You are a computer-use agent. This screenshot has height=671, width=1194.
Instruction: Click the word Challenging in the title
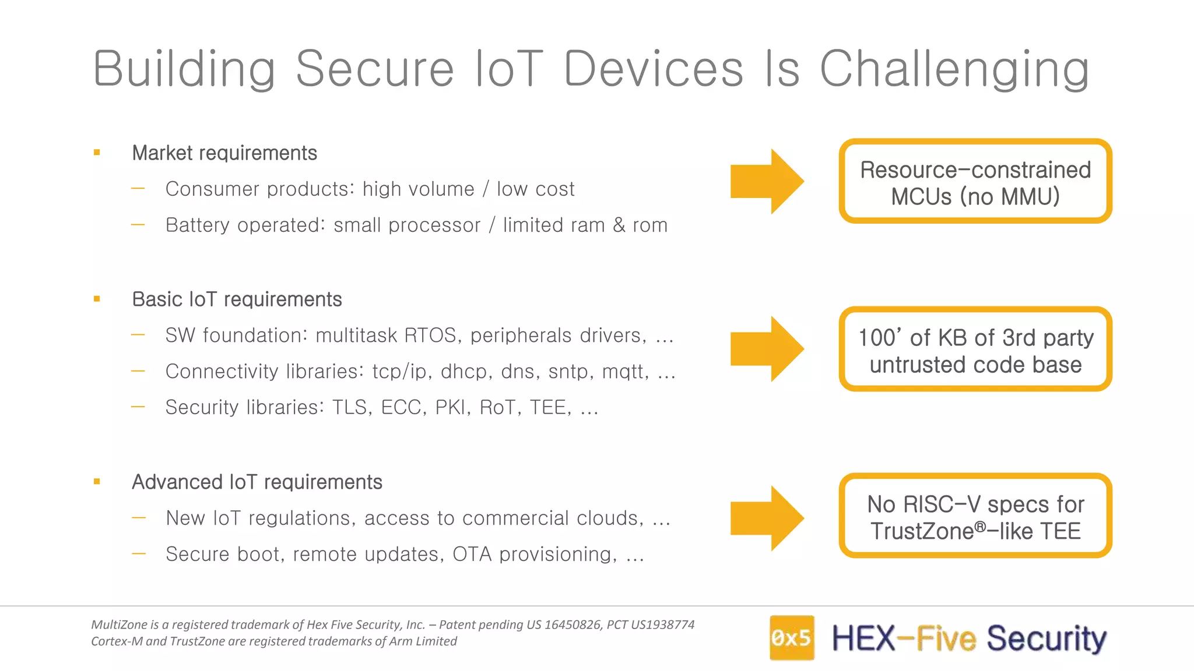point(954,70)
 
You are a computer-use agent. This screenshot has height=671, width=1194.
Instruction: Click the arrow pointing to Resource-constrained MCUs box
point(767,181)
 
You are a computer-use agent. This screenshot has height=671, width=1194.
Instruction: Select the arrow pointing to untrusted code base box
point(767,349)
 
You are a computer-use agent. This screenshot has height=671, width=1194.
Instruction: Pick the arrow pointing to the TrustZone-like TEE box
point(767,518)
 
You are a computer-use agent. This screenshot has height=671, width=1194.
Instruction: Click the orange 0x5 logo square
point(791,638)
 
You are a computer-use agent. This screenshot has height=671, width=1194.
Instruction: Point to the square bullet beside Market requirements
point(97,153)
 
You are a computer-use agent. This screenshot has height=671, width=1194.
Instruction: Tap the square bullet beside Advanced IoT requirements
point(97,482)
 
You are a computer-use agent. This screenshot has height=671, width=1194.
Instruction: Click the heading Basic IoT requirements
point(237,299)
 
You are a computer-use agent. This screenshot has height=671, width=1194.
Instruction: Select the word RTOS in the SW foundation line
point(430,335)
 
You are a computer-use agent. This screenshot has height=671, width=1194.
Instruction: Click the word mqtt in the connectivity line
point(625,372)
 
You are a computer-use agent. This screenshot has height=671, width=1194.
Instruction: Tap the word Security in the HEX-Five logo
point(1046,638)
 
